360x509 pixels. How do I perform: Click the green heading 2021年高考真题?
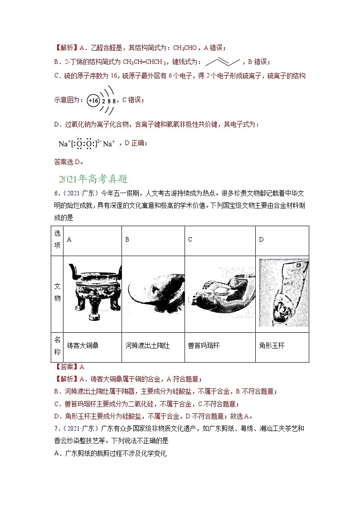[93, 179]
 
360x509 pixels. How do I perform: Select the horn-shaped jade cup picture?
[283, 293]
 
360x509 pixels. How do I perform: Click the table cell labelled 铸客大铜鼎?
[83, 345]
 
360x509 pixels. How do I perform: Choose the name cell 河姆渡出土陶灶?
[147, 345]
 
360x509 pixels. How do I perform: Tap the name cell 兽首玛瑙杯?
[204, 345]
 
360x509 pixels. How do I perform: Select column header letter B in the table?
[127, 239]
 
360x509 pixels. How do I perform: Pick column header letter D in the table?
[261, 239]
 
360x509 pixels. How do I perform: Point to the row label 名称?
[57, 346]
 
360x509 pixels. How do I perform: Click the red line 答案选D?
[68, 161]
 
